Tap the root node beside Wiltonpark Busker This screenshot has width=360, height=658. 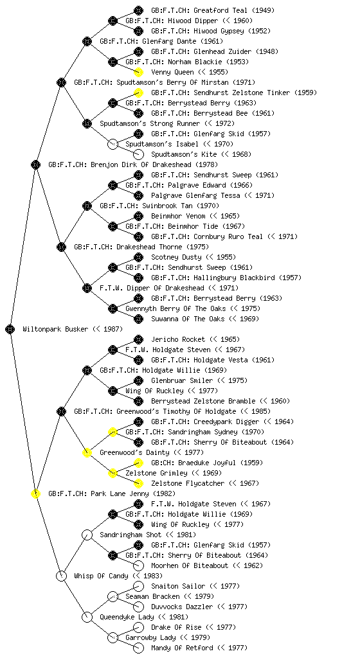[x=10, y=329]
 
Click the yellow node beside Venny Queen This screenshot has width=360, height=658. [x=138, y=72]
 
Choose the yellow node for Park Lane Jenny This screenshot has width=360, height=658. [x=35, y=493]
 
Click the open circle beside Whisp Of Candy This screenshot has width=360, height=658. [x=61, y=576]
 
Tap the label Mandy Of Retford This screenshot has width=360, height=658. [x=182, y=648]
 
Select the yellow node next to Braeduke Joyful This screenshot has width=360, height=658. [x=138, y=463]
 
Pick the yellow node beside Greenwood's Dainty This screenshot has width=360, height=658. [x=87, y=452]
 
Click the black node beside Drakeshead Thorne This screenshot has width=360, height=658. [x=61, y=247]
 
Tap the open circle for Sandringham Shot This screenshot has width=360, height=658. [x=87, y=535]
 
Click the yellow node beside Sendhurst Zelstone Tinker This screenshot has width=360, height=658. [x=138, y=93]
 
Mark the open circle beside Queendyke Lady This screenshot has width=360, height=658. [x=87, y=617]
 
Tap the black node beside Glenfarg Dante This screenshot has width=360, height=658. [x=87, y=41]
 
